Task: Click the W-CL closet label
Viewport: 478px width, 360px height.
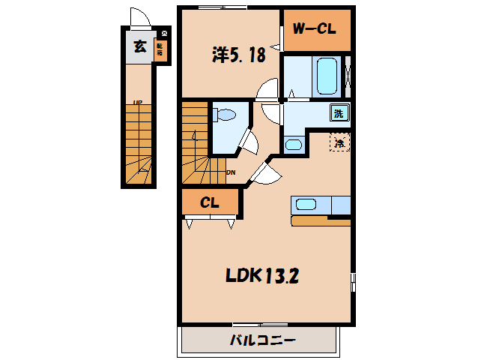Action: point(312,29)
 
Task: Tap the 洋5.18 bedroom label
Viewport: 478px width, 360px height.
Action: point(238,55)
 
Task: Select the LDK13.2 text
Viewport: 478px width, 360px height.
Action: point(263,275)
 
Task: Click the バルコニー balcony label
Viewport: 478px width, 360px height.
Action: point(261,340)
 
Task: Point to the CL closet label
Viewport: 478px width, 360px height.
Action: point(210,202)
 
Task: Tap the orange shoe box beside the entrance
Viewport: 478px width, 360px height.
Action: point(159,49)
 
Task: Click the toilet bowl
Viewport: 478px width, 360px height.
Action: point(226,115)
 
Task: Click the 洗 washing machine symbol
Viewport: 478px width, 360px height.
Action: point(339,114)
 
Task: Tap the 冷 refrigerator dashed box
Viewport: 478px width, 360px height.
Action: point(339,141)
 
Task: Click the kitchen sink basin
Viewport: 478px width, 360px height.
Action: point(306,204)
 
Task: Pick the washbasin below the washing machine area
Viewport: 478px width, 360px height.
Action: point(294,144)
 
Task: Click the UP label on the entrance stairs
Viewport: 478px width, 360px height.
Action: point(137,103)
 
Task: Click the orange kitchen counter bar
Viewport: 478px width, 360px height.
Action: point(321,221)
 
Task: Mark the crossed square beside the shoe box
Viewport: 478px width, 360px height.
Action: point(165,33)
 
